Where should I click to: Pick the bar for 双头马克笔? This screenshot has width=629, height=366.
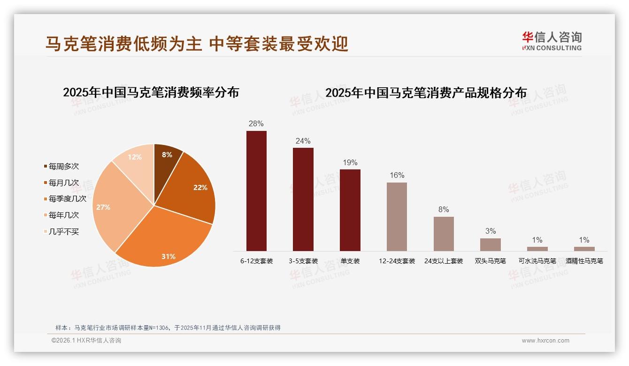[490, 244]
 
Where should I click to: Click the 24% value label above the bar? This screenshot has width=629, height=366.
[303, 141]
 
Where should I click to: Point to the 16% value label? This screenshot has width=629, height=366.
[397, 175]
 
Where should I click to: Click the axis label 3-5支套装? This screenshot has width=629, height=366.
[303, 261]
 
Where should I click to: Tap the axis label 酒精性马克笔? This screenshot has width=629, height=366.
[584, 261]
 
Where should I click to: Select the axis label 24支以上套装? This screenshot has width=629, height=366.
[444, 261]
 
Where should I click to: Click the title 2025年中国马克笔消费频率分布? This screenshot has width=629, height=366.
[151, 92]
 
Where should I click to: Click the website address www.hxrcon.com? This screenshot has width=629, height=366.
[545, 341]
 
